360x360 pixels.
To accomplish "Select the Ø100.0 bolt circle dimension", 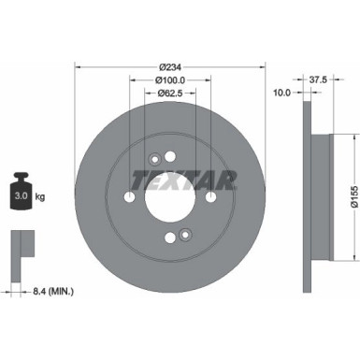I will pyautogui.click(x=169, y=81).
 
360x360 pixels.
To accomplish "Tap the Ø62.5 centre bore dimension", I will pyautogui.click(x=169, y=94).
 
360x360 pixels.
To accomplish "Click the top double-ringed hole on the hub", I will pyautogui.click(x=154, y=161).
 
